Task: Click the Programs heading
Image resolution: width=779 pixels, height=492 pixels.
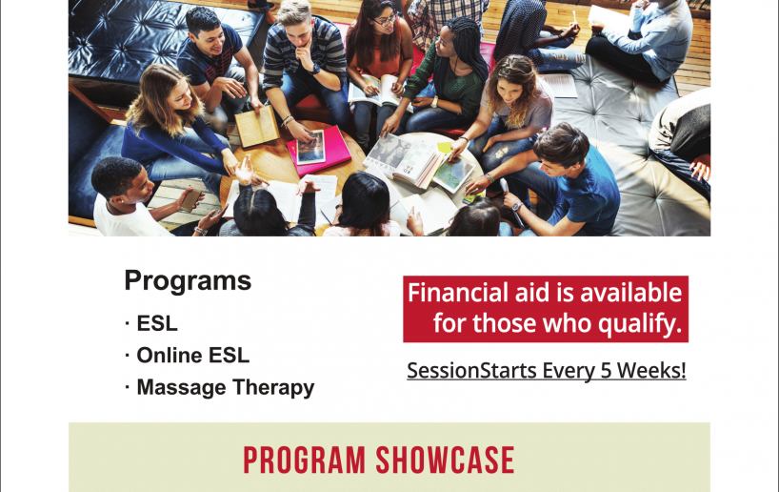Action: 188,281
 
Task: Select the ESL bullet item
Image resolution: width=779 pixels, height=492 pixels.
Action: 156,323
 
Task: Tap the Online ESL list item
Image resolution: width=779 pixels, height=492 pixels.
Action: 192,356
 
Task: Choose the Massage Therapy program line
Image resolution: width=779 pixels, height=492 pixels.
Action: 225,387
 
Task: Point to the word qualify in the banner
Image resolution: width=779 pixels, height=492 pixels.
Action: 637,324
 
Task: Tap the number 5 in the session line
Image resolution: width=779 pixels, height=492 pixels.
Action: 606,371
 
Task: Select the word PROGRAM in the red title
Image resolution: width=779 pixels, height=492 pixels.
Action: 304,461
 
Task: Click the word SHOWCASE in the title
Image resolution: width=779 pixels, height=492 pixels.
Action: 445,461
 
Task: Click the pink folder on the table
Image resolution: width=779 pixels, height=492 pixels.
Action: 319,152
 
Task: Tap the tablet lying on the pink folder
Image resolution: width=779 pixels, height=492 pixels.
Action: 311,147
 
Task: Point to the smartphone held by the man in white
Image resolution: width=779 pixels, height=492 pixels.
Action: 190,200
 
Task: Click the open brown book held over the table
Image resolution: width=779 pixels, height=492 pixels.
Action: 257,127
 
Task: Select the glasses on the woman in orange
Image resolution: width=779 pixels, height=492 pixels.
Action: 385,20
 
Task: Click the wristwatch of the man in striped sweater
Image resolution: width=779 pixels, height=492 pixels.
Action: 316,70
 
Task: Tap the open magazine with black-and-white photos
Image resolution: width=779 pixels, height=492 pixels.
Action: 404,159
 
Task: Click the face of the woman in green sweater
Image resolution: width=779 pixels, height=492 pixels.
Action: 446,44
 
